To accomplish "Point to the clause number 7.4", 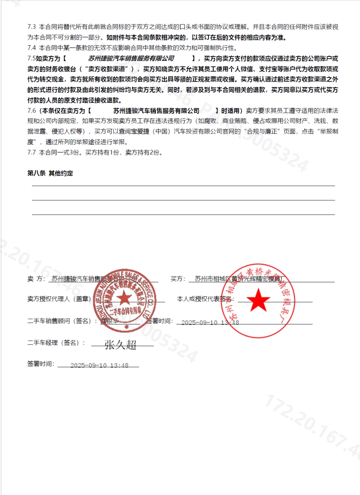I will point(31,48).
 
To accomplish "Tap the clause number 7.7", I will point(31,152).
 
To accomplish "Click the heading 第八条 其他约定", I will point(50,173).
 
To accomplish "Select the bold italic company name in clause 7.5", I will point(131,58).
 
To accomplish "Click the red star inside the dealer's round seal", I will point(124,299).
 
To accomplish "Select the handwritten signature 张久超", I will point(121,345).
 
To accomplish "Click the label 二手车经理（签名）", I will point(56,343).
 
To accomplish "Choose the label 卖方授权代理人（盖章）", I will point(59,299).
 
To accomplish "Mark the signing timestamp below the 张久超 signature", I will point(99,365).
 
